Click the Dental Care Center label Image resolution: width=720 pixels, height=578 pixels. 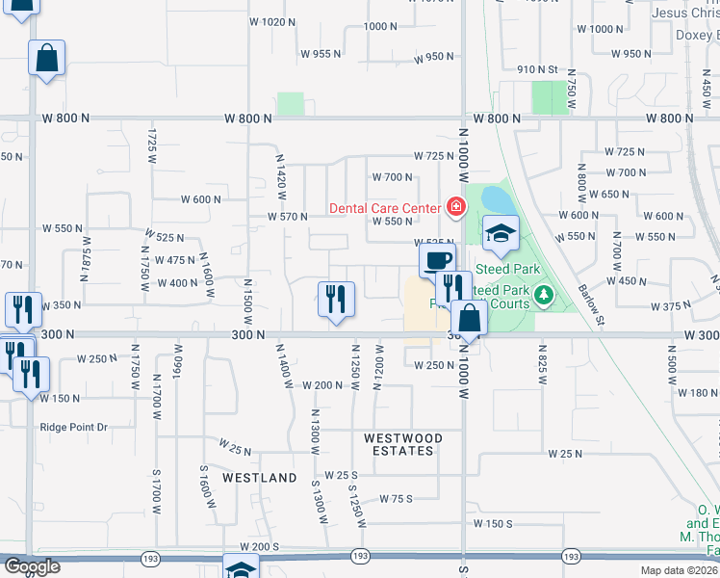point(384,207)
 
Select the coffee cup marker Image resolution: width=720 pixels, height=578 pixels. point(437,259)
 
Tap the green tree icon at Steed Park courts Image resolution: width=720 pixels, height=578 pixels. point(544,294)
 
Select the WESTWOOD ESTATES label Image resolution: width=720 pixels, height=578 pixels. point(403,444)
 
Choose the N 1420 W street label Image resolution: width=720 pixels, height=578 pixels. point(281,176)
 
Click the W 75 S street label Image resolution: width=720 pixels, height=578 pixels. point(396,499)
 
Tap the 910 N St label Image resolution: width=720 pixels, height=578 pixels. point(538,69)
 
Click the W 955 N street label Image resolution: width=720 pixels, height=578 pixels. point(321,54)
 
